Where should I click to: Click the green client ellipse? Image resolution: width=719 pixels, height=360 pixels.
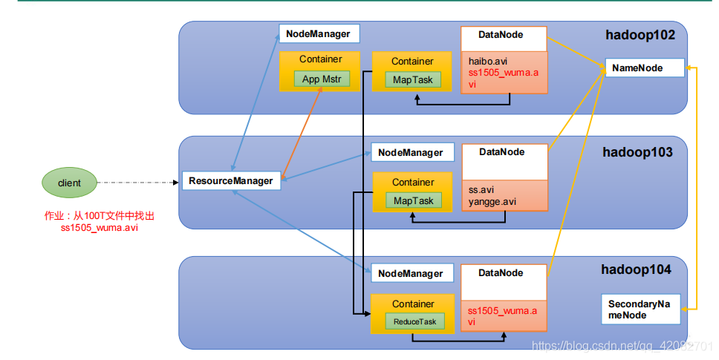pyautogui.click(x=69, y=183)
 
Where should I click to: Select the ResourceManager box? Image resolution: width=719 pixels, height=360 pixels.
pyautogui.click(x=231, y=181)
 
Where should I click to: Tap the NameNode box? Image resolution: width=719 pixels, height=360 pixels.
pyautogui.click(x=645, y=68)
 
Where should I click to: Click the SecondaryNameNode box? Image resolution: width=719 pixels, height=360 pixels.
pyautogui.click(x=640, y=310)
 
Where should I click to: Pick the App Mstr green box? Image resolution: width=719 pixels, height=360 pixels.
pyautogui.click(x=322, y=79)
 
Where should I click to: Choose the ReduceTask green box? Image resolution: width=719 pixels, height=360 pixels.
pyautogui.click(x=414, y=321)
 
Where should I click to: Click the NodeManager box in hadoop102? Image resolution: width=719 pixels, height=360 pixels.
pyautogui.click(x=319, y=34)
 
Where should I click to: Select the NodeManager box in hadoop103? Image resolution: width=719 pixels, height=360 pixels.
pyautogui.click(x=412, y=152)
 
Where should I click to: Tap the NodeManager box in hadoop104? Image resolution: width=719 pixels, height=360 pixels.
pyautogui.click(x=411, y=273)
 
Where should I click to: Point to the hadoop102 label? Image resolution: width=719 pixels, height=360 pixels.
pyautogui.click(x=640, y=36)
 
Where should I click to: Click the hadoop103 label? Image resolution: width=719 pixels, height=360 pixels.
pyautogui.click(x=637, y=152)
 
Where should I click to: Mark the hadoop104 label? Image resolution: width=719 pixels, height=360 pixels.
pyautogui.click(x=636, y=269)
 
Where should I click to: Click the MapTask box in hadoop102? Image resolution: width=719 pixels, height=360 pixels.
pyautogui.click(x=413, y=79)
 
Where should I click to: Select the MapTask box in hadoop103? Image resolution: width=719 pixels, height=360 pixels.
pyautogui.click(x=413, y=200)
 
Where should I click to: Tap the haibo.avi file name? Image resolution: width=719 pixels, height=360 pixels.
pyautogui.click(x=488, y=62)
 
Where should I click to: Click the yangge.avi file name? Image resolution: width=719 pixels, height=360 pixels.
pyautogui.click(x=492, y=202)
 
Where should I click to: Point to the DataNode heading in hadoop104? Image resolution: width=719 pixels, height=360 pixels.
pyautogui.click(x=501, y=273)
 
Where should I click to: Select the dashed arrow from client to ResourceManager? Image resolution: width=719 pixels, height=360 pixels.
pyautogui.click(x=137, y=183)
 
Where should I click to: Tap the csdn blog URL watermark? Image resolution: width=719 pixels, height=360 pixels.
pyautogui.click(x=622, y=345)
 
